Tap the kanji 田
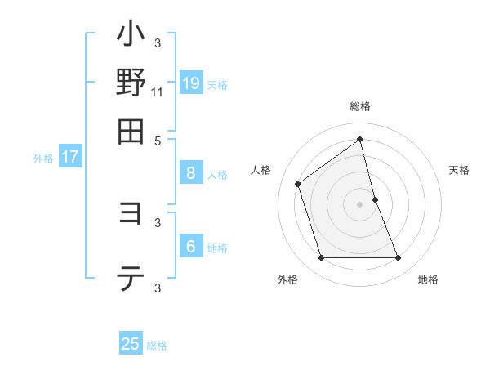tap(131, 130)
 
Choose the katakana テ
tap(131, 280)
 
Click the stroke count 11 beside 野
tap(158, 92)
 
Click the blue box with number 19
tap(190, 83)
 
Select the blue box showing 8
tap(190, 173)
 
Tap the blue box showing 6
tap(190, 247)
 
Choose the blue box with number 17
tap(69, 157)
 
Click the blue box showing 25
tap(131, 344)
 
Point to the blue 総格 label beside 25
tap(157, 346)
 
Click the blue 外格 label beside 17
tap(43, 159)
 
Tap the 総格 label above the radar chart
tap(360, 106)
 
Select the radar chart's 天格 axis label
tap(459, 170)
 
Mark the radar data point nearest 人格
tap(298, 184)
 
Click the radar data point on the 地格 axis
tap(398, 258)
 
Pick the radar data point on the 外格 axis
tap(321, 258)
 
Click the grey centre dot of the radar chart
tap(360, 204)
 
